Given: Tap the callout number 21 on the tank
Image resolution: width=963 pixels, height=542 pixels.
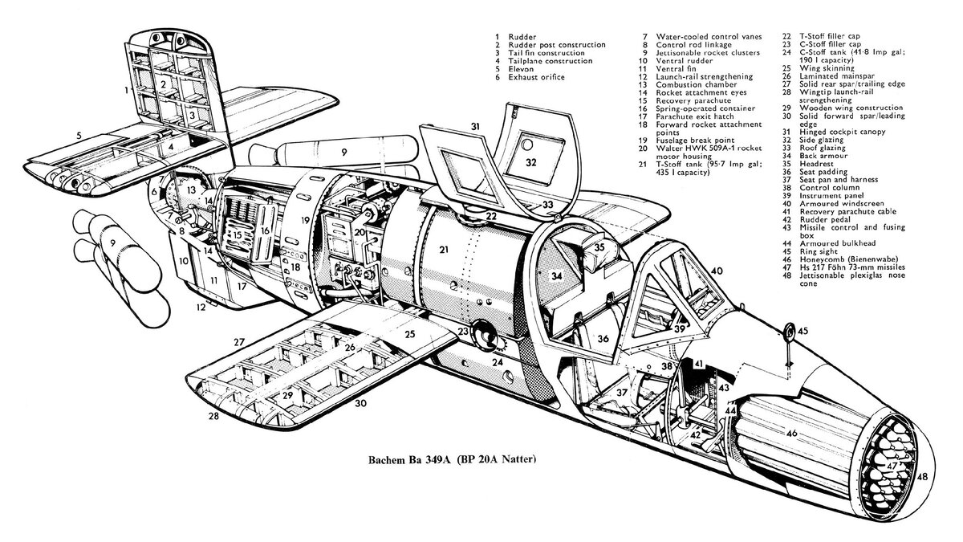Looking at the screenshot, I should (x=443, y=250).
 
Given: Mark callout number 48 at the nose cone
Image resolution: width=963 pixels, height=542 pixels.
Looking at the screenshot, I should (x=922, y=477).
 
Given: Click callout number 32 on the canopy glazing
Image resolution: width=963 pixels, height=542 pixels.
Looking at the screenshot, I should (x=531, y=161).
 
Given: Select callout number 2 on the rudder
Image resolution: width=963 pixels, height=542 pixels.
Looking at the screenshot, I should (x=163, y=84).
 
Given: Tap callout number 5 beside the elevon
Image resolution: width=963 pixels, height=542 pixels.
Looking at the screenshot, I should (x=79, y=136).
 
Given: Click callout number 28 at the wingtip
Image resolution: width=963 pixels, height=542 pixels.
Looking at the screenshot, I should (x=213, y=416).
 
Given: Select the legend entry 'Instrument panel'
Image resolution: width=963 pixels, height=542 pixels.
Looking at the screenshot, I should (x=831, y=197).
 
